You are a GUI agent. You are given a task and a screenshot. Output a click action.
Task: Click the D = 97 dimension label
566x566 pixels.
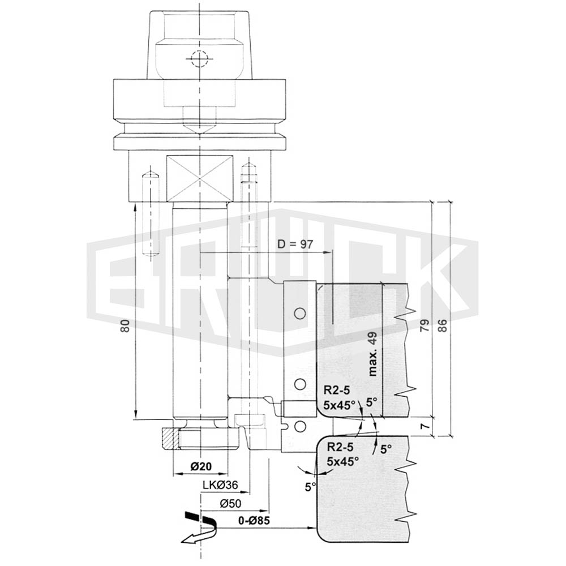click(295, 245)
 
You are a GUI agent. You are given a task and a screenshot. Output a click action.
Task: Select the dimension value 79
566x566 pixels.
click(424, 325)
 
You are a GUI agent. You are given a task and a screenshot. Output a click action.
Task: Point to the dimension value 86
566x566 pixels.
click(443, 325)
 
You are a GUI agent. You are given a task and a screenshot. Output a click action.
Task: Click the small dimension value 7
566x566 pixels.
click(426, 426)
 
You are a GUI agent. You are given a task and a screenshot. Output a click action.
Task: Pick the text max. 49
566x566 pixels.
click(372, 354)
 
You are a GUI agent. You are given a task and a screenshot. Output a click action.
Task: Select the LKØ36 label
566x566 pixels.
click(220, 485)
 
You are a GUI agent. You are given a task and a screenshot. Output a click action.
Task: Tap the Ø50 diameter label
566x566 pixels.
click(230, 503)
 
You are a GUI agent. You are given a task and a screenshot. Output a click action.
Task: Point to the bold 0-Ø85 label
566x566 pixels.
click(254, 521)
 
